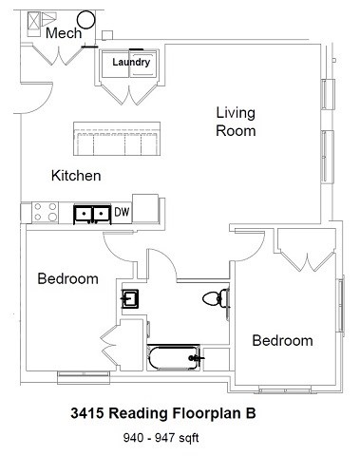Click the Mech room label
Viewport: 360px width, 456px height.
63,34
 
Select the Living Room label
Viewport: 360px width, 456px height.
235,122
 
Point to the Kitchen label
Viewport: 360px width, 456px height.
76,176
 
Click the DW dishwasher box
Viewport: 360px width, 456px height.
123,213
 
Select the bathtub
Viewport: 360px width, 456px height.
175,359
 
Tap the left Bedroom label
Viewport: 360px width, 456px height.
67,279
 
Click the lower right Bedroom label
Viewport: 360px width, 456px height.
282,340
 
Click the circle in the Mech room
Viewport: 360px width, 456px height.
85,18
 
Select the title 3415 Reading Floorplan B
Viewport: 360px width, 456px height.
163,414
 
